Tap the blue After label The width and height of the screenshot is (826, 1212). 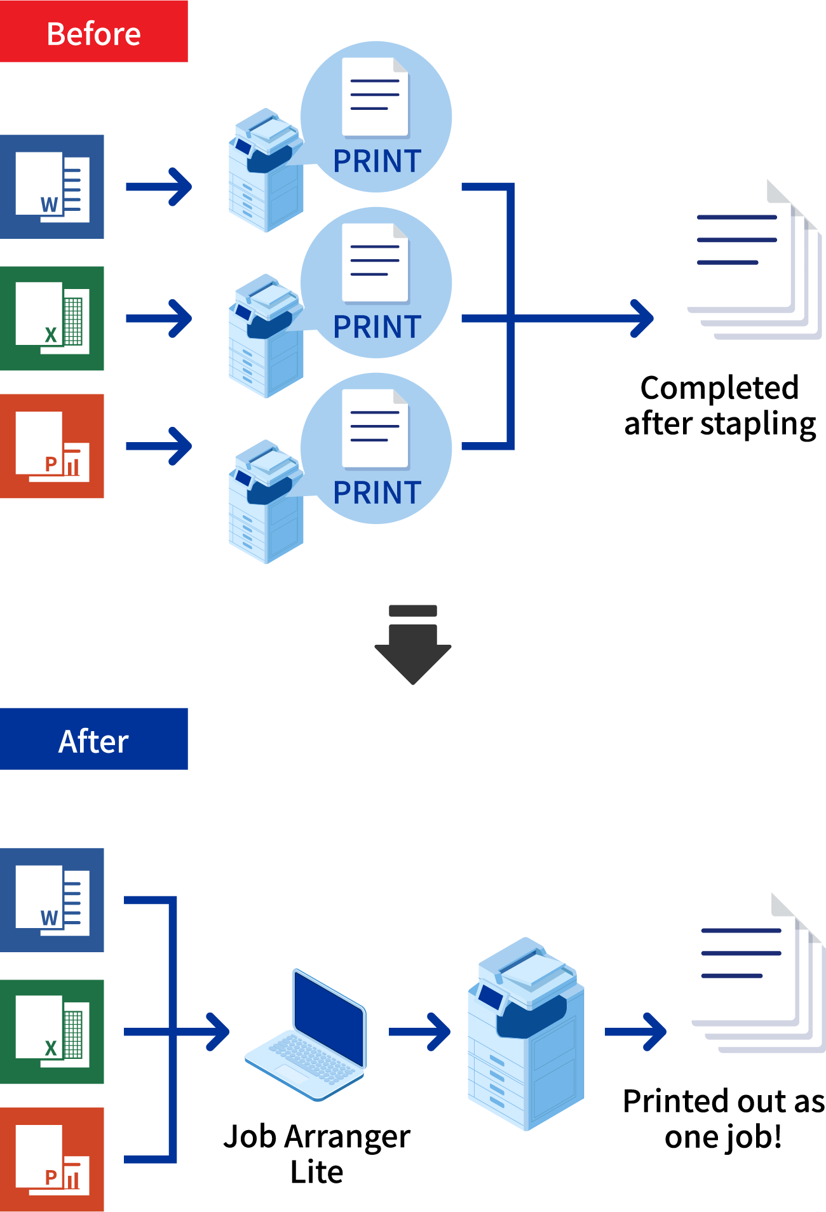coord(93,739)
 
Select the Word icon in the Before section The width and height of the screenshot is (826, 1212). coord(52,187)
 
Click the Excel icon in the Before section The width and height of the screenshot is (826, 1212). coord(52,318)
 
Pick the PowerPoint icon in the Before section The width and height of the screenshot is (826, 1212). coord(52,446)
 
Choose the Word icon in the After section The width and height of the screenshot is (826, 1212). coord(52,900)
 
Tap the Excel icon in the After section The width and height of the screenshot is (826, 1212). coord(52,1032)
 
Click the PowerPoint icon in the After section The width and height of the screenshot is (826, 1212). coord(52,1159)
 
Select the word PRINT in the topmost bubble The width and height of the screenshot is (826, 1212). coord(377,161)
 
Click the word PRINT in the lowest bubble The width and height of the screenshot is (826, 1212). coord(377,493)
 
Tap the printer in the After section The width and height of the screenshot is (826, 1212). coord(525,1033)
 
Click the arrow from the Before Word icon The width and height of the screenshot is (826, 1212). coord(159,187)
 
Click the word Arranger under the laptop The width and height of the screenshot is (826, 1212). coord(347,1137)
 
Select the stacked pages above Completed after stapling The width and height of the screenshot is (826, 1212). coord(754,260)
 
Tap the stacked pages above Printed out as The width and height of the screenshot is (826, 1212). coord(759,974)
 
